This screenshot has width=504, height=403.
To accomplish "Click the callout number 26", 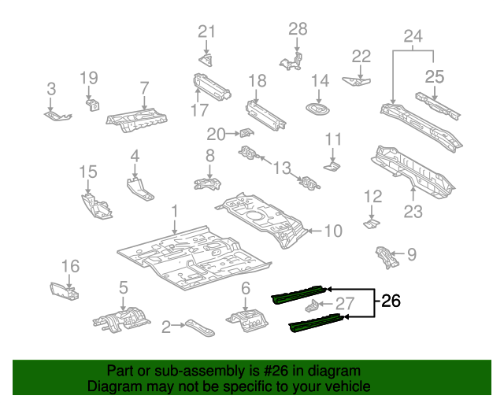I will point(391,301).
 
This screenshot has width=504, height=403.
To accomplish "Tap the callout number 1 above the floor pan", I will point(175,211).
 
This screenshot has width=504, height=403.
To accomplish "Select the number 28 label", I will point(297,29).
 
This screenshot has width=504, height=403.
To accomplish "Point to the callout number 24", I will point(413,35).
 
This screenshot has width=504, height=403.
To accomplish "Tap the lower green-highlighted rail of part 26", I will point(316,320).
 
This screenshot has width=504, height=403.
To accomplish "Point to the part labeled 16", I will point(65,290).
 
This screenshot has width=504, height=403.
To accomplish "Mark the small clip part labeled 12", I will point(371,224).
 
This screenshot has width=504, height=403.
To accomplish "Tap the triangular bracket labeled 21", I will point(206,60).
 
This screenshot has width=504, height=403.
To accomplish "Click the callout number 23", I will point(413,211).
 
